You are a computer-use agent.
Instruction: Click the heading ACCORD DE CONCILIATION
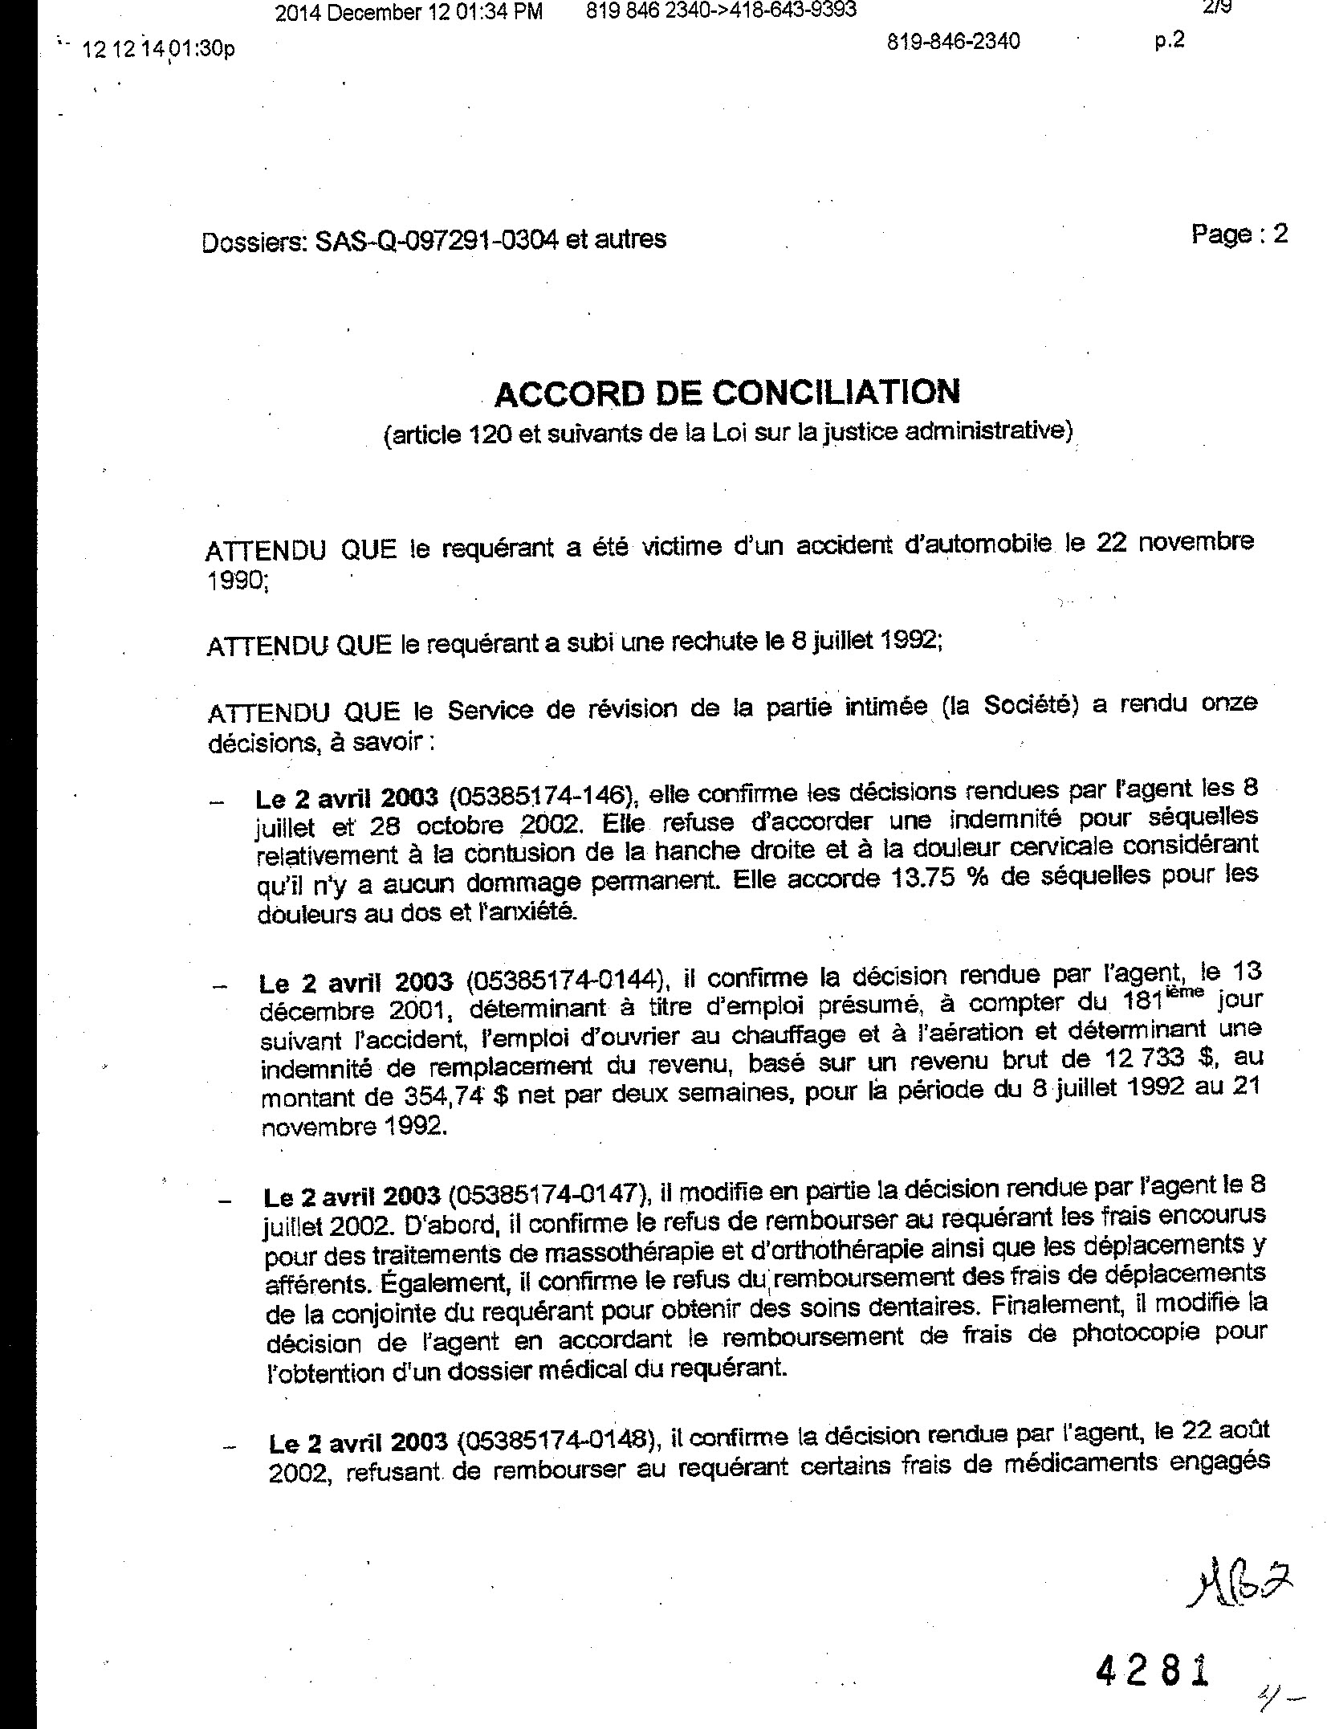[727, 393]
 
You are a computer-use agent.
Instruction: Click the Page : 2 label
[1239, 234]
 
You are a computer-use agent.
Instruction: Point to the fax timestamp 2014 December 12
[408, 11]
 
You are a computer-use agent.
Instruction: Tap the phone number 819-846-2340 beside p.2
[954, 41]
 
